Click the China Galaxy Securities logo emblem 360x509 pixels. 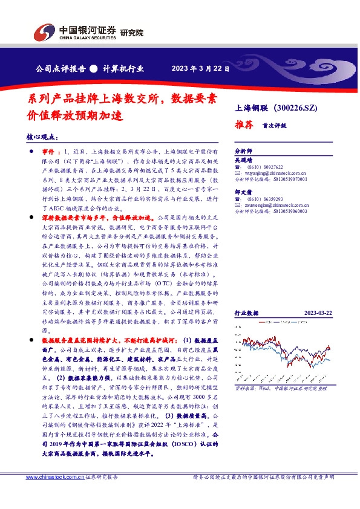coord(44,31)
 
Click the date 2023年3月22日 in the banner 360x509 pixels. coord(200,68)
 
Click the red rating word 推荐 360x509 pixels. coord(243,125)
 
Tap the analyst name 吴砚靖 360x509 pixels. coord(242,161)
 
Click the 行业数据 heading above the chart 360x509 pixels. coord(246,313)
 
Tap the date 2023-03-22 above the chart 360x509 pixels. coord(316,313)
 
